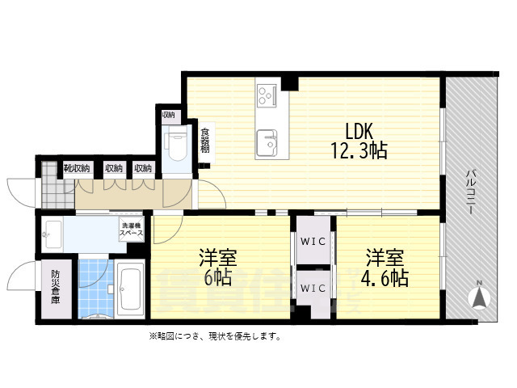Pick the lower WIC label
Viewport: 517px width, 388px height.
tap(313, 288)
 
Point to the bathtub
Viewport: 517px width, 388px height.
tap(129, 290)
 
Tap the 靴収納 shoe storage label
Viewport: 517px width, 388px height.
tap(76, 168)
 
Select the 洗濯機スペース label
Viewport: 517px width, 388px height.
tap(131, 229)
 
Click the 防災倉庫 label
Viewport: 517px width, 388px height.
tap(56, 286)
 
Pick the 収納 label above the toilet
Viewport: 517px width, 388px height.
tap(168, 115)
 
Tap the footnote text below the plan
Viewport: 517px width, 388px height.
tap(214, 336)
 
